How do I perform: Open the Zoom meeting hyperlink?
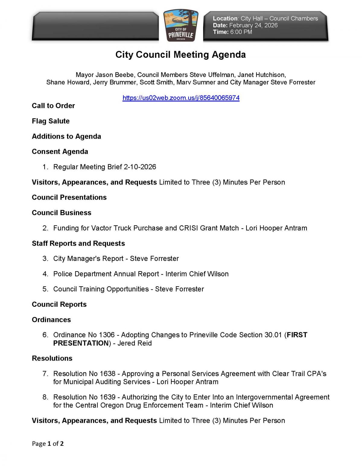click(181, 98)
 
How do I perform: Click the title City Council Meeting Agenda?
click(180, 55)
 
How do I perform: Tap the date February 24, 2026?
click(253, 25)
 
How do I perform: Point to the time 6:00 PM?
click(241, 32)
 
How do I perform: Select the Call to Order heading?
click(53, 106)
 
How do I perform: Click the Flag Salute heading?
click(51, 121)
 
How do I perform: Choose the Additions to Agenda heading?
click(66, 137)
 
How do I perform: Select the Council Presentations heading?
click(69, 198)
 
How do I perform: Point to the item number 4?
click(45, 274)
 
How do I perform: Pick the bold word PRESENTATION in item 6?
click(81, 343)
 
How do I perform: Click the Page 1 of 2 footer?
click(48, 444)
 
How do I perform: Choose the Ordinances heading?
click(51, 320)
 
